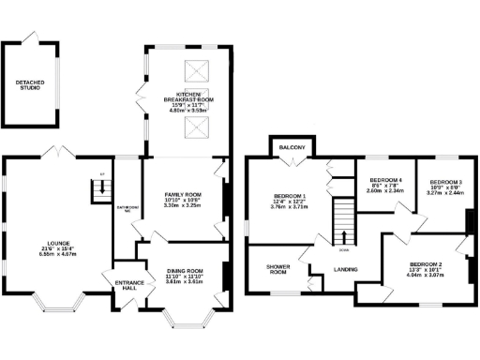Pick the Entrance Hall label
pyautogui.click(x=126, y=285)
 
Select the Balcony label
pyautogui.click(x=286, y=147)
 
